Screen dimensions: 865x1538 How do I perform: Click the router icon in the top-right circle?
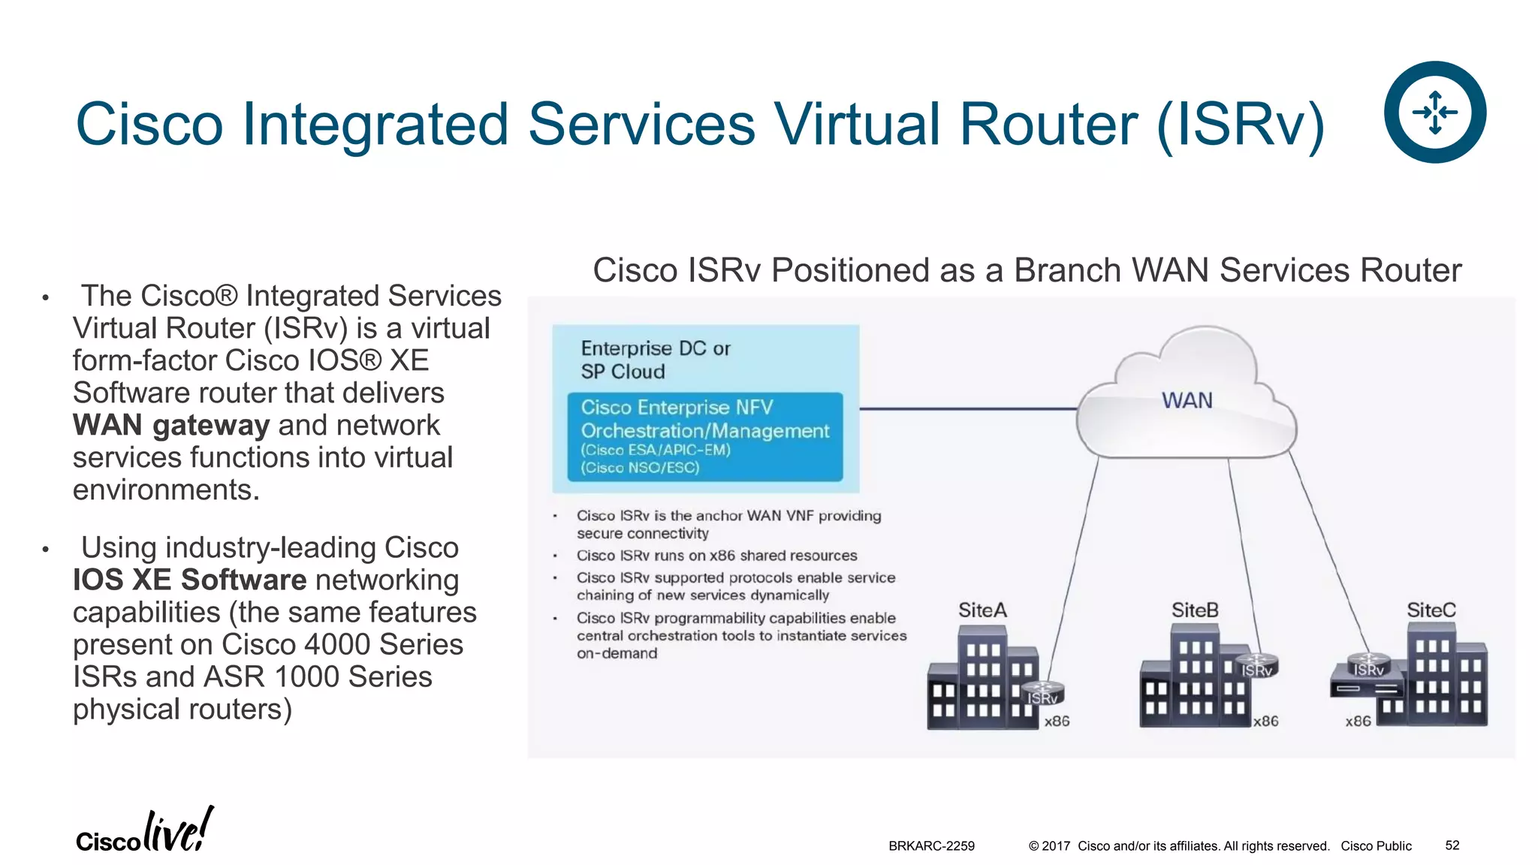[1434, 112]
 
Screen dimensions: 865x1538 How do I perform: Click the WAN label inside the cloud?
[1187, 400]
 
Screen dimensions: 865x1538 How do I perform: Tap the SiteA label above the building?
[982, 610]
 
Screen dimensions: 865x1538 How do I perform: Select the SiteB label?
[1195, 610]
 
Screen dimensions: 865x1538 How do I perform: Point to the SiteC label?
[1431, 610]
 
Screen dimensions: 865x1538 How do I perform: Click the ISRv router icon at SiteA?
[1042, 693]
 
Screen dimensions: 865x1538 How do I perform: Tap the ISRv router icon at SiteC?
[1368, 665]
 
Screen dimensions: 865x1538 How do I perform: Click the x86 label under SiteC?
[1358, 722]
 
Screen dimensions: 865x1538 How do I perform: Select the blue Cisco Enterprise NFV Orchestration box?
[704, 436]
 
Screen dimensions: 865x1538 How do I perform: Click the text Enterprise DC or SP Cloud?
[655, 360]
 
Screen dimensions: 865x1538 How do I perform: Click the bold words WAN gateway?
[170, 425]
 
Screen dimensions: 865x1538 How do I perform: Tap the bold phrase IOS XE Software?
[189, 580]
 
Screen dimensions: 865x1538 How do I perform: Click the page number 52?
[1452, 845]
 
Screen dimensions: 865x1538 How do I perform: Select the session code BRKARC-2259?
[931, 845]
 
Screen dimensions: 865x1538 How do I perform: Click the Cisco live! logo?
[144, 831]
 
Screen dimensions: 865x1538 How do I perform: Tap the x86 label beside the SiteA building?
[1057, 722]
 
